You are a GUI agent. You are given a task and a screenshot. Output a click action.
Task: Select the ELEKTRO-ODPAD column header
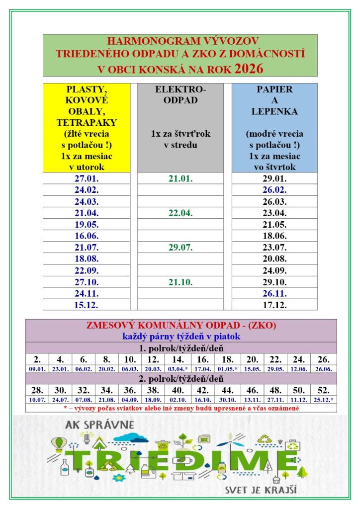[x=180, y=95]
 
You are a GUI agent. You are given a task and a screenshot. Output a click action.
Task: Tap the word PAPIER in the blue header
[x=274, y=90]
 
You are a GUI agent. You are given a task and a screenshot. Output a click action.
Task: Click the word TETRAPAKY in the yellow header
[x=87, y=123]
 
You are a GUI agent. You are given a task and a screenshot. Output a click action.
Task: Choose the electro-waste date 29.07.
[x=180, y=248]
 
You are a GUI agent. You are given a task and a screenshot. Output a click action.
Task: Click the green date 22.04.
[x=180, y=213]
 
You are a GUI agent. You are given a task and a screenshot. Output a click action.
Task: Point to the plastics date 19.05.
[x=87, y=225]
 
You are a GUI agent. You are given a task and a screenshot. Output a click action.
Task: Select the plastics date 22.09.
[x=87, y=270]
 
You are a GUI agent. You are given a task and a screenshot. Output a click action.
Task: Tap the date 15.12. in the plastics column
[x=87, y=305]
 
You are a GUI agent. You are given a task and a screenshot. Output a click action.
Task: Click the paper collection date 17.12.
[x=274, y=305]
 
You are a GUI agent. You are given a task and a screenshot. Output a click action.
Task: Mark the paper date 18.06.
[x=274, y=236]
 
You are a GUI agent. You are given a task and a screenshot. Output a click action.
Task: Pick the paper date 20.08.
[x=274, y=259]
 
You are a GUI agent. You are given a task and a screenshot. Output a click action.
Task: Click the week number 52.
[x=324, y=390]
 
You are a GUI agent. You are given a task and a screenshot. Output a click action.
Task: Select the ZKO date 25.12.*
[x=324, y=400]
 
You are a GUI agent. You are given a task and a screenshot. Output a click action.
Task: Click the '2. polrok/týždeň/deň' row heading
[x=180, y=379]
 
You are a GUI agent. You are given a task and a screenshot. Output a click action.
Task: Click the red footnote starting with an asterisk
[x=181, y=409]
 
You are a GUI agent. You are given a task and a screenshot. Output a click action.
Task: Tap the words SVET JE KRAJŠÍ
[x=261, y=490]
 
